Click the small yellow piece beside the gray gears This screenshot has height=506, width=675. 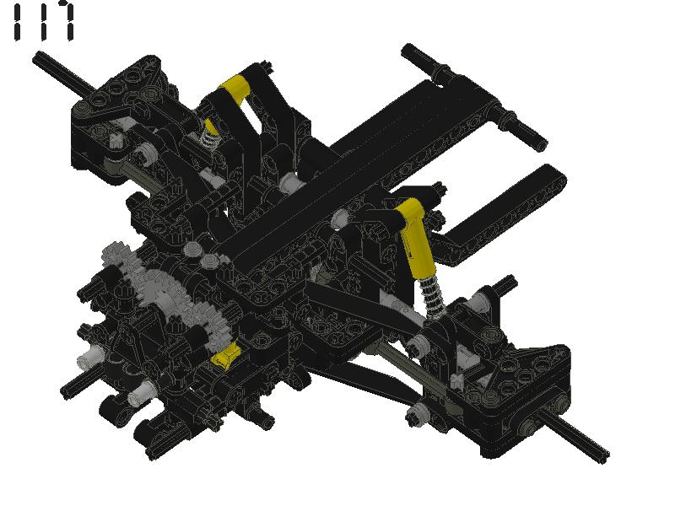pyautogui.click(x=226, y=357)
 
